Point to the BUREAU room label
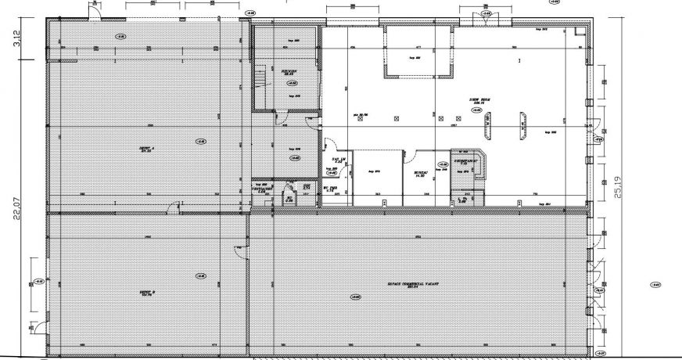pyautogui.click(x=420, y=175)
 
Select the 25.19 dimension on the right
pyautogui.click(x=619, y=185)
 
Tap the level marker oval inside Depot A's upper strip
pyautogui.click(x=120, y=36)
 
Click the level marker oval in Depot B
pyautogui.click(x=200, y=275)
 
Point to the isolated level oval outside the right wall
pyautogui.click(x=656, y=284)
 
